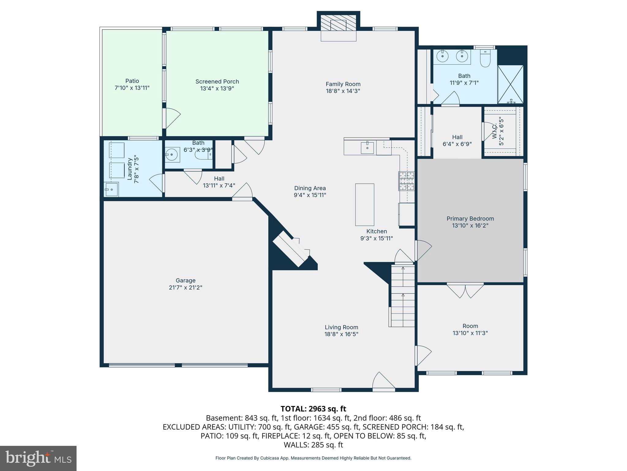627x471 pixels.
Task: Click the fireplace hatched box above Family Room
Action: [x=338, y=23]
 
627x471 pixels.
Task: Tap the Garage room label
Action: [x=186, y=280]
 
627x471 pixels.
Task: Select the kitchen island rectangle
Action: [x=364, y=205]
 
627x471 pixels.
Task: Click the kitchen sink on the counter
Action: [x=367, y=147]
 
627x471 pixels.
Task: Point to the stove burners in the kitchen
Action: [x=406, y=181]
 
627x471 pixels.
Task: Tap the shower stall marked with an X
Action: [x=510, y=84]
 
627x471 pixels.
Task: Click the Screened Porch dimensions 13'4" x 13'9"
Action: [x=217, y=89]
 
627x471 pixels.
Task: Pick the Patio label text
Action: [x=132, y=81]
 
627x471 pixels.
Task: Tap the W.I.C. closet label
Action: [x=495, y=132]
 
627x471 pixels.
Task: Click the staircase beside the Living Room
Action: [x=403, y=296]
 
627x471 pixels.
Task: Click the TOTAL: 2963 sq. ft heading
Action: [x=313, y=409]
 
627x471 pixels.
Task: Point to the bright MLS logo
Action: [x=38, y=458]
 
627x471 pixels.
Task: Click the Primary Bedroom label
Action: [x=470, y=219]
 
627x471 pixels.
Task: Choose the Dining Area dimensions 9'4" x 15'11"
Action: [x=310, y=195]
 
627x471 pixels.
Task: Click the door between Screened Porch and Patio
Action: [x=171, y=118]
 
